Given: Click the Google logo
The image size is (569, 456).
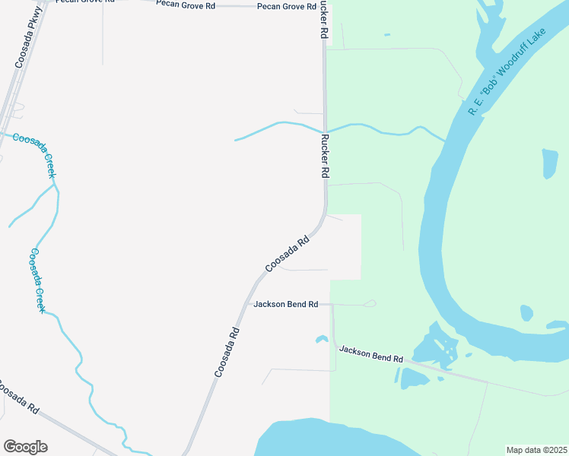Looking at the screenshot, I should point(25,446).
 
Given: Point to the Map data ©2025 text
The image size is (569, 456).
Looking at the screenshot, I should point(536,450).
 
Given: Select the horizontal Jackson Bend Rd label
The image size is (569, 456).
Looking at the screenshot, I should point(285,304).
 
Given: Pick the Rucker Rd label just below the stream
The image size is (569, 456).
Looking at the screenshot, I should point(324,157).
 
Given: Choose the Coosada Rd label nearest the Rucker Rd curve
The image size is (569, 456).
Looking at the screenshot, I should point(288,254).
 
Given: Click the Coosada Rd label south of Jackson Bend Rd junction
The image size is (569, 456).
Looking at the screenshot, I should point(227,352).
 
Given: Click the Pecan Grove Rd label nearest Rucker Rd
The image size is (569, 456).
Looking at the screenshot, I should point(287,6).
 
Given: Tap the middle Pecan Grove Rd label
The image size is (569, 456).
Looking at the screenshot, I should point(186,5).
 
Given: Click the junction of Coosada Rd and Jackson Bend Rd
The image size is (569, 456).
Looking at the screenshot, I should point(249,304).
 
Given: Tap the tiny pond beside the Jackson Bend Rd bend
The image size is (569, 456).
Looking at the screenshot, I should point(321,339).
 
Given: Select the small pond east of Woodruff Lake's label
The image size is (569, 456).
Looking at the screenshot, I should point(549,163).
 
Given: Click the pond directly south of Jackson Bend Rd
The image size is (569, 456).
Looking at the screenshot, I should point(414,378).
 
